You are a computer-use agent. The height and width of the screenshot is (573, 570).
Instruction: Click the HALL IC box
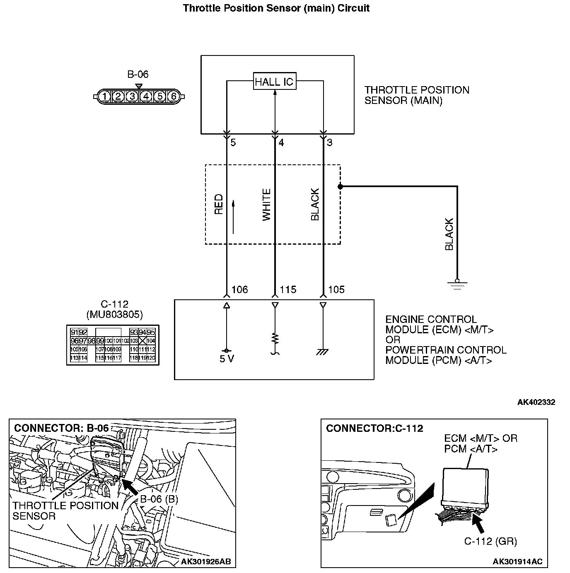pyautogui.click(x=275, y=81)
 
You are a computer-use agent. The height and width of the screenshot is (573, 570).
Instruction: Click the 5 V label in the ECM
pyautogui.click(x=227, y=359)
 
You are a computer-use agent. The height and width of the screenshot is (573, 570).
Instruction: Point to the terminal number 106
pyautogui.click(x=239, y=290)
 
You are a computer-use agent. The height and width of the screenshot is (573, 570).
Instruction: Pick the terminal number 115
pyautogui.click(x=288, y=290)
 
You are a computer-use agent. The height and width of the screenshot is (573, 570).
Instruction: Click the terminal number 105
pyautogui.click(x=336, y=290)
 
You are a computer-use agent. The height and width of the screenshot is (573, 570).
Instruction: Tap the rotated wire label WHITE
pyautogui.click(x=266, y=205)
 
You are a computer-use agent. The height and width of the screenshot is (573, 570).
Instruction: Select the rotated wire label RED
pyautogui.click(x=219, y=204)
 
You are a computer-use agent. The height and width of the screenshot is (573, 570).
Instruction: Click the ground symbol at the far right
pyautogui.click(x=457, y=284)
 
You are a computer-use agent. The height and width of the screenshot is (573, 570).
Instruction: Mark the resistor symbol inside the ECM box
pyautogui.click(x=275, y=339)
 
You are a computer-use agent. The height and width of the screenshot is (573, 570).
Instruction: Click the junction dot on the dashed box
pyautogui.click(x=340, y=187)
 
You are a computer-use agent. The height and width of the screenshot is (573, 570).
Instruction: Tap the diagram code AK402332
pyautogui.click(x=536, y=402)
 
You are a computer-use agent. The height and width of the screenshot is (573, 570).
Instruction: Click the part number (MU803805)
pyautogui.click(x=114, y=315)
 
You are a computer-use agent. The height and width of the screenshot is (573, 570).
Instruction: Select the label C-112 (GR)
pyautogui.click(x=490, y=541)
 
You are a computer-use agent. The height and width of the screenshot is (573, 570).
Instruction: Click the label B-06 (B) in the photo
pyautogui.click(x=159, y=499)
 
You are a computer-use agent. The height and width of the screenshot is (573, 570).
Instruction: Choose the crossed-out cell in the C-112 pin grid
pyautogui.click(x=142, y=341)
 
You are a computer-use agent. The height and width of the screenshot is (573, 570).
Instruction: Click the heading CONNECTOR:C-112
pyautogui.click(x=374, y=428)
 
